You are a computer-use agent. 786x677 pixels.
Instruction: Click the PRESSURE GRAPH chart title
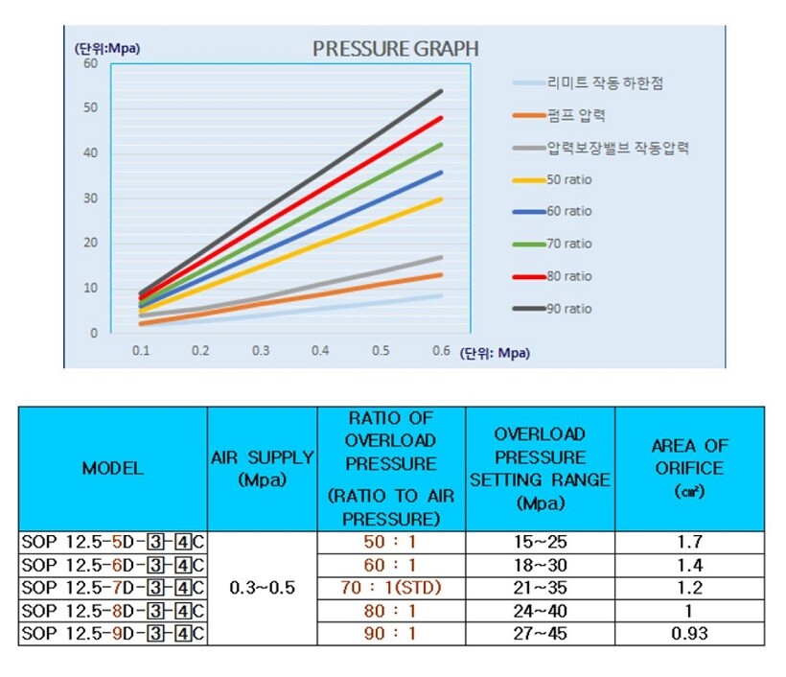(x=396, y=49)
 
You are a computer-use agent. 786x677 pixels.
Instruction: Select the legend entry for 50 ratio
(x=568, y=179)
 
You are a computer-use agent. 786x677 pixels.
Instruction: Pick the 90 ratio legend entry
(x=568, y=309)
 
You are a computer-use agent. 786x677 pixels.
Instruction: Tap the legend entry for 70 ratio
(x=568, y=245)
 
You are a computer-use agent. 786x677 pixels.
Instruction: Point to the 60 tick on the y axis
(x=91, y=63)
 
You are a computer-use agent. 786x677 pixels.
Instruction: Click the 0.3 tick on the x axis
(x=261, y=351)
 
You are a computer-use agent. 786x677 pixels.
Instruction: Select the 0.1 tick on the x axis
(x=140, y=351)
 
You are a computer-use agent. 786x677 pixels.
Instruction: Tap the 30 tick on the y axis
(x=91, y=198)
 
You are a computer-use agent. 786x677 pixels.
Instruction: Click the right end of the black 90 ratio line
(x=441, y=91)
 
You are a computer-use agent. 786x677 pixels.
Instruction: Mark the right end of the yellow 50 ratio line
(x=441, y=198)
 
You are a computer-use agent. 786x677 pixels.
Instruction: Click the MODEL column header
(x=112, y=469)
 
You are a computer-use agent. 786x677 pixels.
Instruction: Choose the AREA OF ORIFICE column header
(x=688, y=469)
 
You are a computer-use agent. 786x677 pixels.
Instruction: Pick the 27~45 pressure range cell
(x=540, y=633)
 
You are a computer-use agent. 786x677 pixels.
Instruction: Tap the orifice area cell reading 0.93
(x=688, y=633)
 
